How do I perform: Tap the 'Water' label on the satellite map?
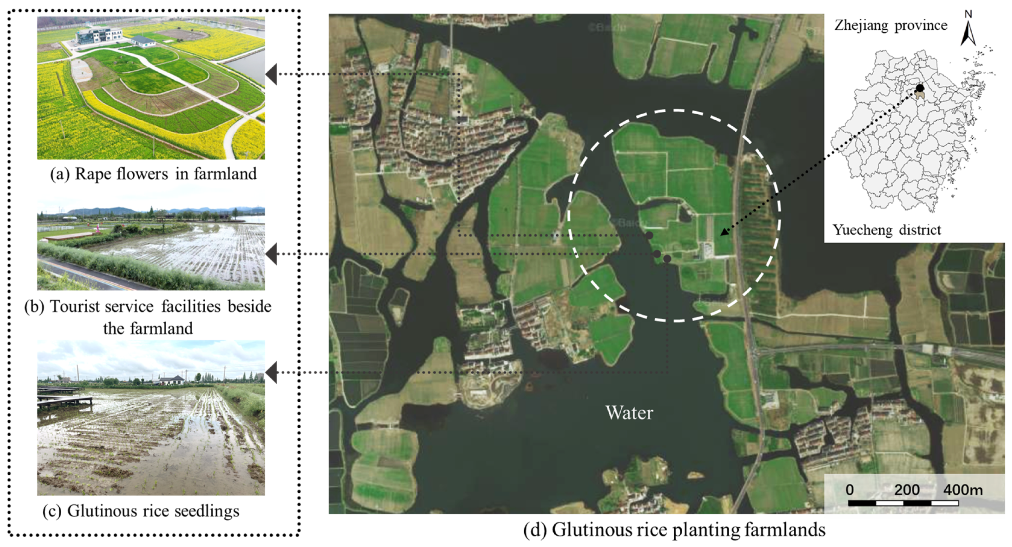coord(629,413)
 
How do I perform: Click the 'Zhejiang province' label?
coord(890,25)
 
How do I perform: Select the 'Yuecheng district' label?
coord(887,230)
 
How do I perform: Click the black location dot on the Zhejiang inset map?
coord(920,88)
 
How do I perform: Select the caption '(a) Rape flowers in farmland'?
coord(153,174)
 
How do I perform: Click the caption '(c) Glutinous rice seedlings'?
coord(141,511)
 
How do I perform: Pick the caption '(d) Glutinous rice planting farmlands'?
coord(674,530)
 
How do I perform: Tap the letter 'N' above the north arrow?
coord(968,14)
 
